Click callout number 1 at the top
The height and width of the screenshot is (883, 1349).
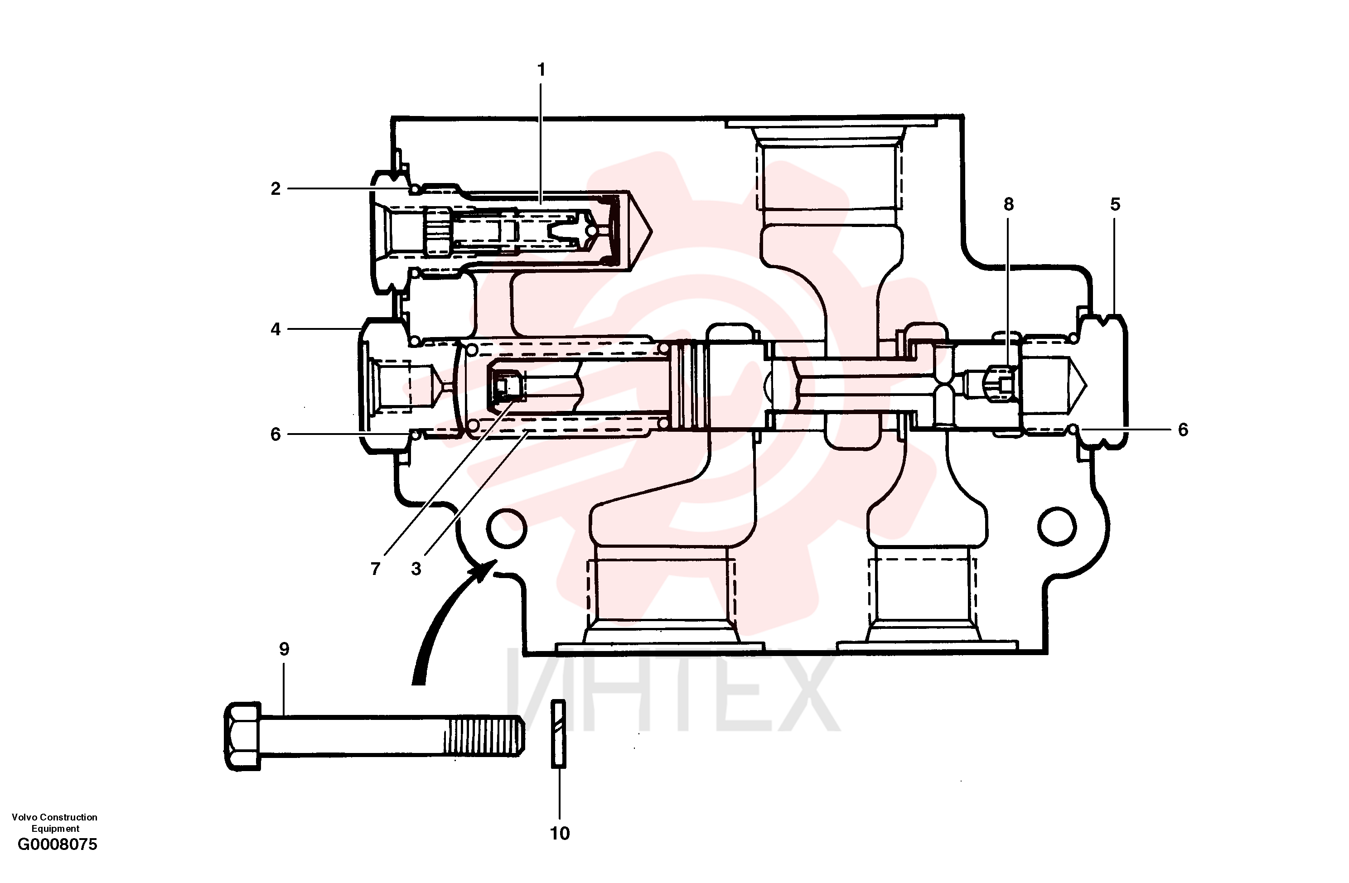542,70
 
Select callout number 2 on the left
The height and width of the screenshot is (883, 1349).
276,189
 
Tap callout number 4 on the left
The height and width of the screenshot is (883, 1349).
276,329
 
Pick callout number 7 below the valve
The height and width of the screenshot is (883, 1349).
375,569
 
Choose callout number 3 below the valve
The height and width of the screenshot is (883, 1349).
416,569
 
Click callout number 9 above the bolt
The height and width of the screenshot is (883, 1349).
284,649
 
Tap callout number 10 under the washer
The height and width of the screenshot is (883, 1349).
560,833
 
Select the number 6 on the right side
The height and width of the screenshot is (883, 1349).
1183,429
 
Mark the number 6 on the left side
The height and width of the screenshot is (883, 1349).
276,434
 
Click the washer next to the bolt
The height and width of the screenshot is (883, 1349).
558,734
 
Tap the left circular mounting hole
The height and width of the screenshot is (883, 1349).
506,528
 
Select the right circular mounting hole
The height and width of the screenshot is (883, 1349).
1057,526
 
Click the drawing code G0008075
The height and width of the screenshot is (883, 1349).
57,844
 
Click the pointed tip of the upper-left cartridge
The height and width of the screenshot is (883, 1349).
652,231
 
